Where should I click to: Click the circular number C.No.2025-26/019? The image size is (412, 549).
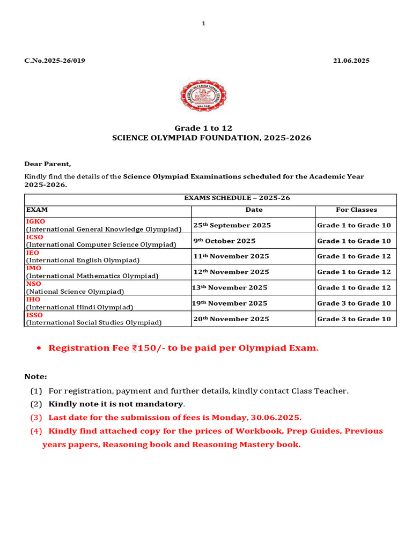pos(54,61)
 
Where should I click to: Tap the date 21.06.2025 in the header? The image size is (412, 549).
pos(351,61)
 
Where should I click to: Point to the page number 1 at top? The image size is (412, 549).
pos(204,23)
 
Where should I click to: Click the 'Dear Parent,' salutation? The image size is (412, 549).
pos(48,164)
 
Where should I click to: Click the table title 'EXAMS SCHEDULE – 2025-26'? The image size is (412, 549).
pos(237,198)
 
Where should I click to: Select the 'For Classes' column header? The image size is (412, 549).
pos(356,210)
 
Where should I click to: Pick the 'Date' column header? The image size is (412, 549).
pos(254,210)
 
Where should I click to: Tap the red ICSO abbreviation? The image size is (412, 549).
pos(35,237)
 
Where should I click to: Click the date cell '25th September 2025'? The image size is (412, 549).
pos(232,225)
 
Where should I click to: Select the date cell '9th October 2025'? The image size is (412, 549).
pos(224,241)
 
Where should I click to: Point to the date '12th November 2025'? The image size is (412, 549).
pos(231,272)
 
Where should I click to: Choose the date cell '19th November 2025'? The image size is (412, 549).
pos(230,303)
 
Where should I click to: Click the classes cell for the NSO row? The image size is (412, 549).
pos(354,287)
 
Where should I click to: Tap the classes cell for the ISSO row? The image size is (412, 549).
pos(354,319)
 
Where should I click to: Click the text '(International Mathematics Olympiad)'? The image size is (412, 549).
pos(92,276)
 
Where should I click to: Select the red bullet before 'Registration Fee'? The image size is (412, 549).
pos(39,348)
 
